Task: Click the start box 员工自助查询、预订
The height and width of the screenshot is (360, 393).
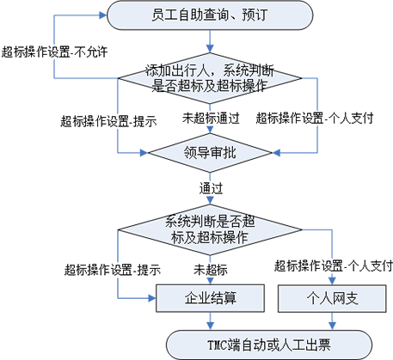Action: [x=210, y=15]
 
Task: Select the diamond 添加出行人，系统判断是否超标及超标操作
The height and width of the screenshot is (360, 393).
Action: [x=210, y=78]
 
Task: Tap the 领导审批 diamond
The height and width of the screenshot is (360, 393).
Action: [x=210, y=153]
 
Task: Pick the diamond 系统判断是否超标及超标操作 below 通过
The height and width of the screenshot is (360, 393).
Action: [x=210, y=229]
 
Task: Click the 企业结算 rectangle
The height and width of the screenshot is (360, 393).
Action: [x=210, y=298]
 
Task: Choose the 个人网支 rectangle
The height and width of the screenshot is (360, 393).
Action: [x=332, y=298]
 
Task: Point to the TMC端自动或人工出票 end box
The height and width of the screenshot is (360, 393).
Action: [x=269, y=345]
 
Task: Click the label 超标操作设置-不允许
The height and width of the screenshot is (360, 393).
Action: [x=54, y=52]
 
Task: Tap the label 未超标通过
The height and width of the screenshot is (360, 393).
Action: [x=211, y=118]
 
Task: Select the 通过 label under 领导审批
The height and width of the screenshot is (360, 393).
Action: [x=211, y=188]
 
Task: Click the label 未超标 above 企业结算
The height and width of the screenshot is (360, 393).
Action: [x=211, y=270]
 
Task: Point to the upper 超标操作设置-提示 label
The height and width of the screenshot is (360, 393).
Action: [x=108, y=121]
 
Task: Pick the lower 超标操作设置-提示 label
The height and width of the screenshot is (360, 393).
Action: [x=113, y=270]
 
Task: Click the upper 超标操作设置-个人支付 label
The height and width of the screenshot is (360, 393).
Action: [x=315, y=118]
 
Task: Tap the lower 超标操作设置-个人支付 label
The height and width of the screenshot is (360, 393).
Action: [x=334, y=265]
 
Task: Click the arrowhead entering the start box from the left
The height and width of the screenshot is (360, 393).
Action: [x=103, y=15]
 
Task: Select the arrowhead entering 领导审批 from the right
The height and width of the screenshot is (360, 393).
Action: [x=276, y=153]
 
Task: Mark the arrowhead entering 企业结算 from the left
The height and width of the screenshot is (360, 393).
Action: [x=152, y=298]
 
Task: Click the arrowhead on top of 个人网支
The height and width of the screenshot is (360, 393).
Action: [x=332, y=281]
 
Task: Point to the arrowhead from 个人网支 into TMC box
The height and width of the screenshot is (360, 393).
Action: [x=332, y=326]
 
